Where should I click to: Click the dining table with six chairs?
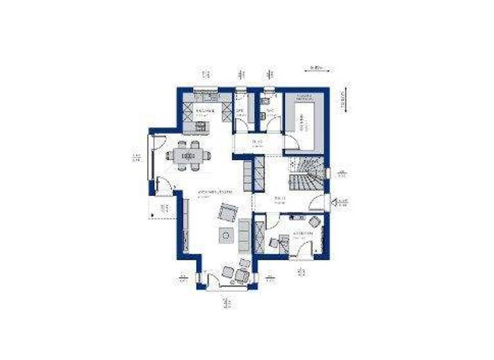[x=187, y=155]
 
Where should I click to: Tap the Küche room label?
[x=205, y=111]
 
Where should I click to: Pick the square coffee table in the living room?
[x=227, y=236]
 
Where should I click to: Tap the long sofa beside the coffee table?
[x=244, y=235]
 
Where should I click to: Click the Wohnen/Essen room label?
[x=214, y=192]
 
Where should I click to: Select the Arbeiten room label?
[x=302, y=233]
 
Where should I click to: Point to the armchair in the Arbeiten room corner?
[x=315, y=222]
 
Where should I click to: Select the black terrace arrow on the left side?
[x=154, y=207]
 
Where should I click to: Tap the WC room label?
[x=271, y=111]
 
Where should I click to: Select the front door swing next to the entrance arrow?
[x=316, y=204]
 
